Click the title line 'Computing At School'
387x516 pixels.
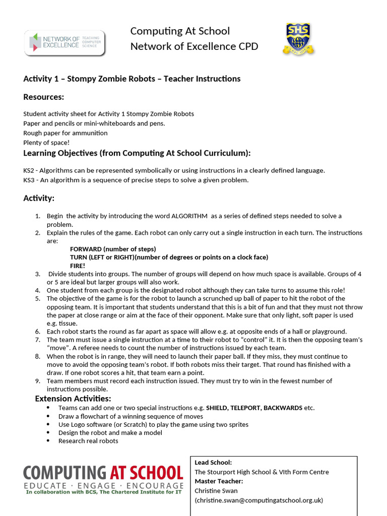[x=180, y=31]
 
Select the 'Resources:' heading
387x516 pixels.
[x=44, y=97]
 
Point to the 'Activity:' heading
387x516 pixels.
[x=39, y=198]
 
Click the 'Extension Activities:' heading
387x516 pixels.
[x=73, y=399]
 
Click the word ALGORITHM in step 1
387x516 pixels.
[x=189, y=216]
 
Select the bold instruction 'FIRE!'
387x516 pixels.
[x=78, y=266]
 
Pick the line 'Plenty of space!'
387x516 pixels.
[x=46, y=143]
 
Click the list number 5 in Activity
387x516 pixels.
[x=38, y=298]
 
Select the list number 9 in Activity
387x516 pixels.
[x=38, y=381]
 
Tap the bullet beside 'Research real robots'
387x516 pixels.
[x=48, y=441]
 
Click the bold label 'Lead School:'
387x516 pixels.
[x=213, y=462]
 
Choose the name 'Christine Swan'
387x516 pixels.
[x=216, y=490]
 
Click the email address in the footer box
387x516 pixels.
[x=259, y=500]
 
